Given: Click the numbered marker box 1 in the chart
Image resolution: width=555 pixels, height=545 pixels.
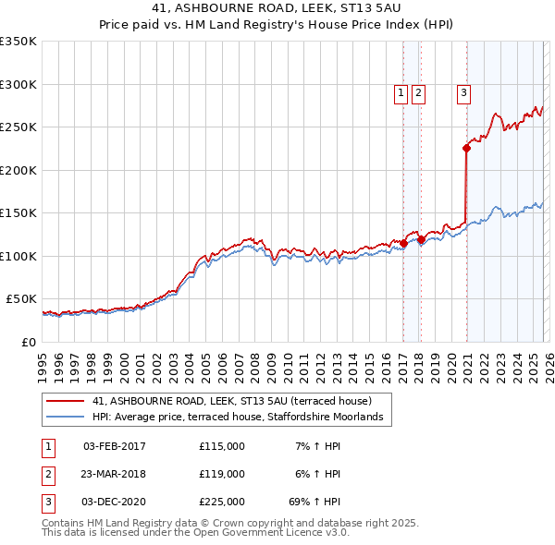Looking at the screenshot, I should [x=401, y=91].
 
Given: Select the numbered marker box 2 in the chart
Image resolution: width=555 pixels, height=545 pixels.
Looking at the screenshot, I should [x=418, y=91].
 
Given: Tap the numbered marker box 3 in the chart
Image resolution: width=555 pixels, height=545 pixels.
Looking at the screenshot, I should [x=462, y=91].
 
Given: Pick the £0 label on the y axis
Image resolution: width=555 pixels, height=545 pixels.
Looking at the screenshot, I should [x=29, y=342].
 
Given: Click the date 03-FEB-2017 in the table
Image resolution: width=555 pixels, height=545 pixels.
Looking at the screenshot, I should [x=114, y=446].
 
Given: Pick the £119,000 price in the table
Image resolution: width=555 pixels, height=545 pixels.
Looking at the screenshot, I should [x=221, y=474].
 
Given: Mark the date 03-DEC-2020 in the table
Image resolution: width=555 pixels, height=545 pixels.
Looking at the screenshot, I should [x=114, y=502].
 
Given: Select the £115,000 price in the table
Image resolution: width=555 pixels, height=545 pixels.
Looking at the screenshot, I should [x=221, y=446].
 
